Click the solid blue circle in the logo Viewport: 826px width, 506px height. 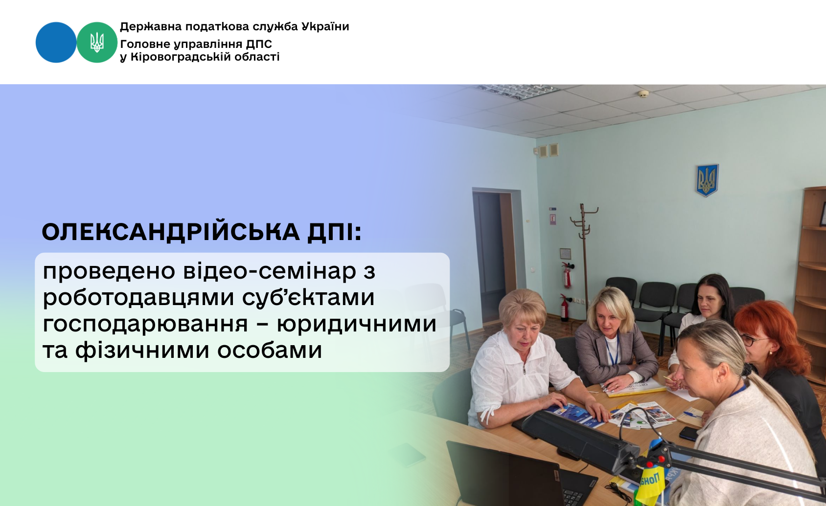tap(56, 43)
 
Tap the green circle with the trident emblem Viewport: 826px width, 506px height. tap(97, 43)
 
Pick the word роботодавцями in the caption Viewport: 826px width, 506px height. tap(138, 298)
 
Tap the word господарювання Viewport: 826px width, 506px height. tap(145, 324)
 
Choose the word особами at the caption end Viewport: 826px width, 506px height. tap(270, 350)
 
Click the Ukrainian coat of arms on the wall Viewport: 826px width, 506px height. tap(707, 180)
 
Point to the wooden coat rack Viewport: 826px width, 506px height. tap(584, 258)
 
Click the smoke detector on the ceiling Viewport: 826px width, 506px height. tap(643, 94)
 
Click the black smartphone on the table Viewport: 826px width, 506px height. tap(689, 433)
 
